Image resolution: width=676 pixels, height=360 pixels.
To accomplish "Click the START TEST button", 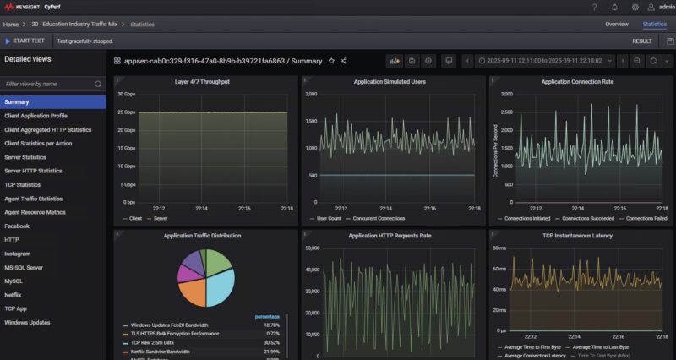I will pyautogui.click(x=26, y=41).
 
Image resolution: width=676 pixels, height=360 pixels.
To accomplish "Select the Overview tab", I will pyautogui.click(x=616, y=24).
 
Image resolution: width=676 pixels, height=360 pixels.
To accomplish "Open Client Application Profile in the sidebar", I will pyautogui.click(x=35, y=116).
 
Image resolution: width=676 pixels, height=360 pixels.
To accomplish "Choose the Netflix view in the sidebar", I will pyautogui.click(x=14, y=294).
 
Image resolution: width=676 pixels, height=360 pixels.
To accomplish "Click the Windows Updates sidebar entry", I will pyautogui.click(x=28, y=322).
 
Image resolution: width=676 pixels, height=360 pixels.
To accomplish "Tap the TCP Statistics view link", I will pyautogui.click(x=22, y=184).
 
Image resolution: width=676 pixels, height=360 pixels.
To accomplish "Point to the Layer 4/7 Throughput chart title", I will pyautogui.click(x=202, y=82).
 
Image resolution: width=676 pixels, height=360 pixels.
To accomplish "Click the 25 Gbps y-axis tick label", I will pyautogui.click(x=127, y=112).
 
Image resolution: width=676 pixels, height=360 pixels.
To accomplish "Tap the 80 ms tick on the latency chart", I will pyautogui.click(x=500, y=248).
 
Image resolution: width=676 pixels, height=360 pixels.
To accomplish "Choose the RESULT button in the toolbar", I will pyautogui.click(x=641, y=41).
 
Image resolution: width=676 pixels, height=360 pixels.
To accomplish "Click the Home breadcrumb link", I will pyautogui.click(x=10, y=25).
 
